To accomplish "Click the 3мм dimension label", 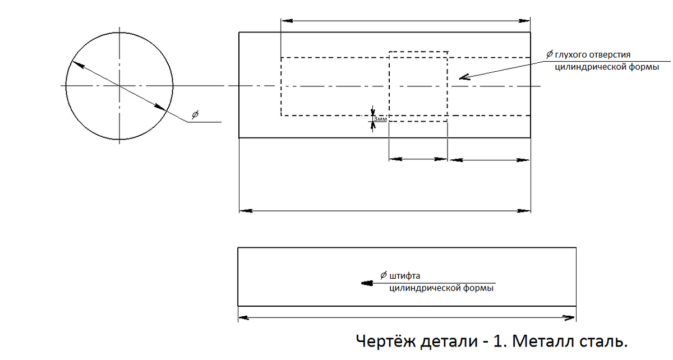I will click(x=380, y=119).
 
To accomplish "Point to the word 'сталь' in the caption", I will click(x=601, y=340).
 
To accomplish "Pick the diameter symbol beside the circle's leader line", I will click(x=195, y=114).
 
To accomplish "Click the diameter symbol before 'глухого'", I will click(x=550, y=54).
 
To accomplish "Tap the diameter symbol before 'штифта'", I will click(x=383, y=275).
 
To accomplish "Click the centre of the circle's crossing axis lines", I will click(x=119, y=85).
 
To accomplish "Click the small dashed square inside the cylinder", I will click(x=418, y=86).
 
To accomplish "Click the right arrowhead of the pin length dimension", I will click(x=569, y=318).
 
